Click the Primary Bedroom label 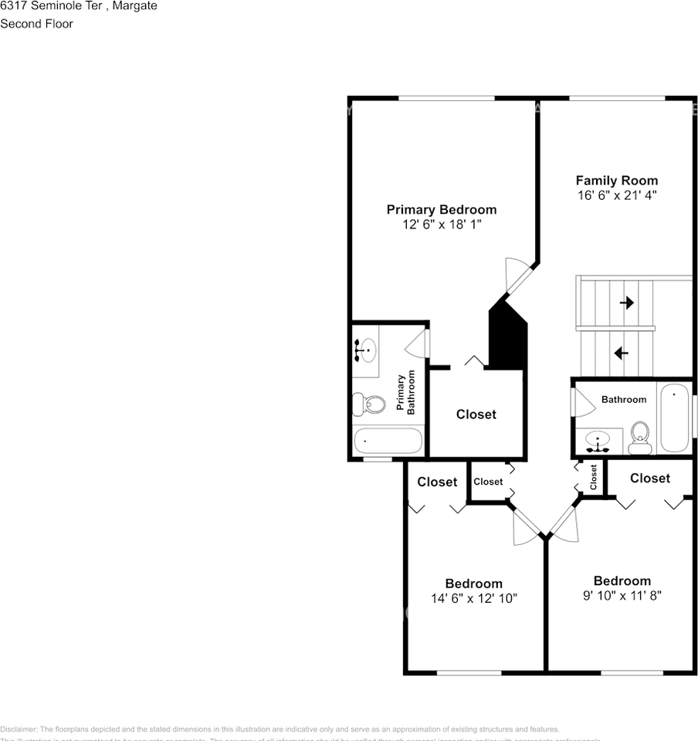(441, 209)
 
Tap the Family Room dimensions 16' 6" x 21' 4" (616, 195)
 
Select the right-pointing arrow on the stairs (626, 303)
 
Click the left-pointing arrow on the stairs (620, 353)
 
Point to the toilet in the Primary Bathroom (369, 403)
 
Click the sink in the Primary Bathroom (365, 350)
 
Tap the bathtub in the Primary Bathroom (388, 442)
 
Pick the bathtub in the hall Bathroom (674, 418)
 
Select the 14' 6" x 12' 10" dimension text (473, 598)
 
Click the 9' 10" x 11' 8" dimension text (622, 595)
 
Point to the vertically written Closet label (593, 477)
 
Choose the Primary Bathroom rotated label (406, 393)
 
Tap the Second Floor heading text (36, 24)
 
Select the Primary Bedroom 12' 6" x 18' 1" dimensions (441, 225)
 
